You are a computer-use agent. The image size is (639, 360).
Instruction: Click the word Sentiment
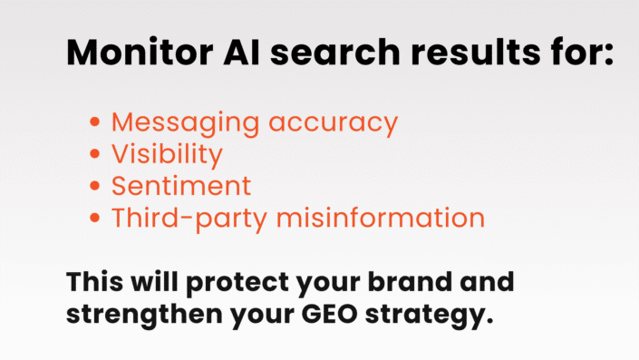[181, 186]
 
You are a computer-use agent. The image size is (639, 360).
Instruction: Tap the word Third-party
[186, 219]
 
